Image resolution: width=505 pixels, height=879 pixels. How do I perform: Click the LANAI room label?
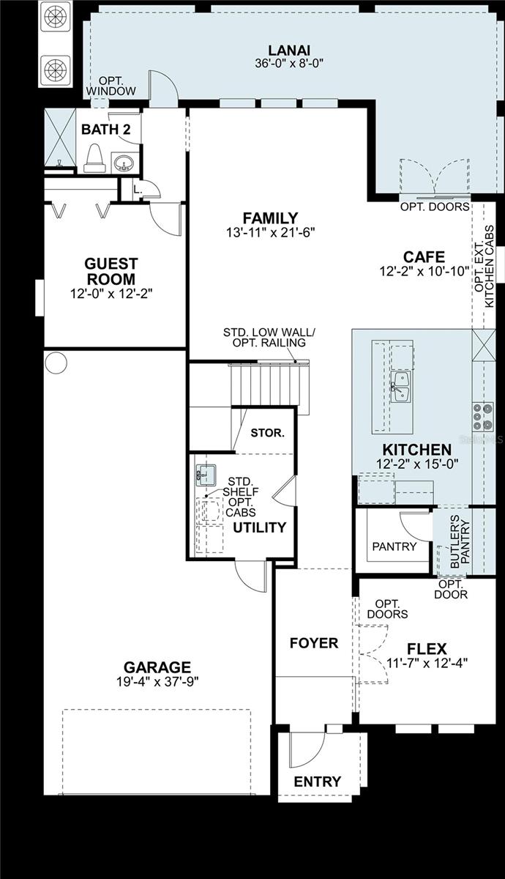click(x=285, y=50)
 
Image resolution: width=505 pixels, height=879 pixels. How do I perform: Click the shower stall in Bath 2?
click(x=59, y=138)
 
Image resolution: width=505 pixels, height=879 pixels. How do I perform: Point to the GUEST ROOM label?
click(x=111, y=271)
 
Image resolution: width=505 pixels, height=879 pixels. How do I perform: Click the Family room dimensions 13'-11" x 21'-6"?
click(x=271, y=233)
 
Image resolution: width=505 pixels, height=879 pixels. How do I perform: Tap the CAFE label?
click(x=424, y=257)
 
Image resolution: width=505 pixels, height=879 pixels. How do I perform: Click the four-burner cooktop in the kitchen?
click(x=482, y=416)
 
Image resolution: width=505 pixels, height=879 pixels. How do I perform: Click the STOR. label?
click(x=267, y=433)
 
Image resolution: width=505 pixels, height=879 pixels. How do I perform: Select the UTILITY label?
click(x=259, y=527)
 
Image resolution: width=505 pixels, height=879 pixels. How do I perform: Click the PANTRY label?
click(x=394, y=546)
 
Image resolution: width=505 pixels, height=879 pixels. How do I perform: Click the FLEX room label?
click(x=427, y=648)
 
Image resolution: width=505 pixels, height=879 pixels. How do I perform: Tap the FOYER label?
click(x=313, y=643)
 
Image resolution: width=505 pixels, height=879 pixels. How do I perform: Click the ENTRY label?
click(x=317, y=782)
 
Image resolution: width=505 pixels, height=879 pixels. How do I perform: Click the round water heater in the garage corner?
click(x=56, y=362)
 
